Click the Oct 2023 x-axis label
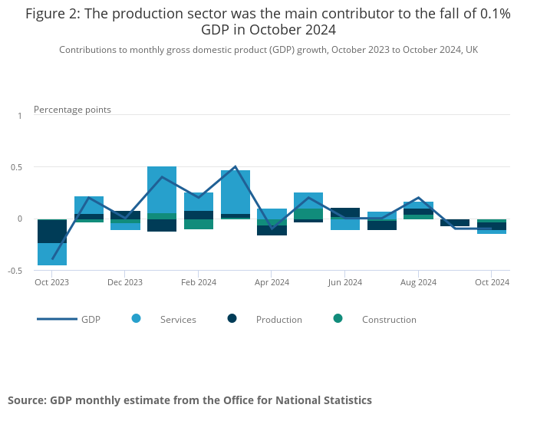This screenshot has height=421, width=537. point(52,282)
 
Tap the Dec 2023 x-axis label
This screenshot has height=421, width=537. point(125,282)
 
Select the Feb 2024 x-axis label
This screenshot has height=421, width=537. point(199,282)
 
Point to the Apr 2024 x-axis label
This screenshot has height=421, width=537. point(272,282)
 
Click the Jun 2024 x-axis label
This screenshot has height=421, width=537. point(344,282)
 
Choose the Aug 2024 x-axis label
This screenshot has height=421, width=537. point(418,282)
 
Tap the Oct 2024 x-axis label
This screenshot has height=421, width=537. point(492,282)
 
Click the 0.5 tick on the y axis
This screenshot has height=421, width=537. point(19,167)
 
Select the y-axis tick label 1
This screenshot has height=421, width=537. point(21,115)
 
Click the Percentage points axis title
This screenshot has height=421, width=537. point(72,110)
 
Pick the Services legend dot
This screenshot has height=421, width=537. point(137,319)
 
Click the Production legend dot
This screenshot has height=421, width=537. point(232,319)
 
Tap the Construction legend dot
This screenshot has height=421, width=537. point(338,319)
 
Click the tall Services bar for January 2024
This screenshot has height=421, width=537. point(162,189)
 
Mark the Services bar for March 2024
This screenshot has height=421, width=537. point(236,192)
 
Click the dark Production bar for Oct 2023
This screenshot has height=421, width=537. point(52,232)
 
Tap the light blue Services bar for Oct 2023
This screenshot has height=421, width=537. point(52,254)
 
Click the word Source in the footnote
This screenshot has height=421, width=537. point(27,400)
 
